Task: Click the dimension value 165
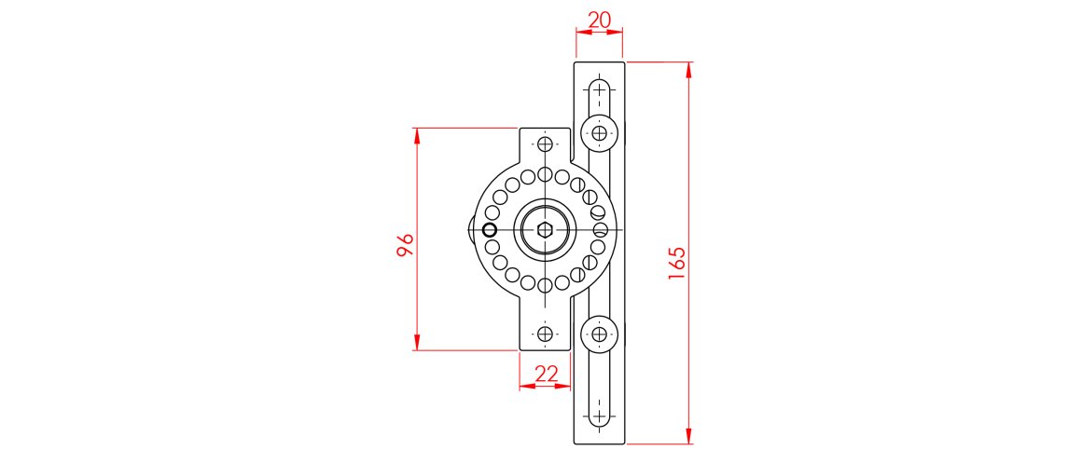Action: pos(678,265)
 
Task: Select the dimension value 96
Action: pos(404,245)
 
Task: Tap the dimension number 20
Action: pos(599,20)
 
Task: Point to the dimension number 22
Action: pos(545,374)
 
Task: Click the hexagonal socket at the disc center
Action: pos(545,229)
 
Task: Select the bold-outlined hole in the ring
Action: pos(490,229)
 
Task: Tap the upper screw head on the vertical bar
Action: pos(599,133)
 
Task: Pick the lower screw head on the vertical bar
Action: pos(599,333)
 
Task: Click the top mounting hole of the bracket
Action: pos(545,144)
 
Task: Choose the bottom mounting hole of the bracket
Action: pos(545,333)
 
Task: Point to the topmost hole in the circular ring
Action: pos(545,174)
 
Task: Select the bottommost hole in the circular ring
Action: pos(545,285)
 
